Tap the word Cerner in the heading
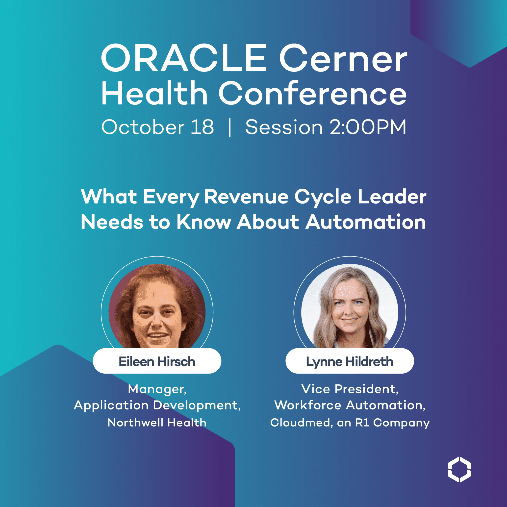coord(343,58)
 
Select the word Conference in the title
coord(312,93)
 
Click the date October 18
coord(158,127)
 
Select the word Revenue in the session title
coord(246,197)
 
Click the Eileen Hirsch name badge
coord(157,361)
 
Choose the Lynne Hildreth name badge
coord(350,361)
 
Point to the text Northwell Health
coord(157,423)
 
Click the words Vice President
coord(350,389)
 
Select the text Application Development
coord(157,406)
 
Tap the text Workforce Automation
coord(350,406)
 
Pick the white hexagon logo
coord(459,469)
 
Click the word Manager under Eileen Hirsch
coord(157,389)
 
